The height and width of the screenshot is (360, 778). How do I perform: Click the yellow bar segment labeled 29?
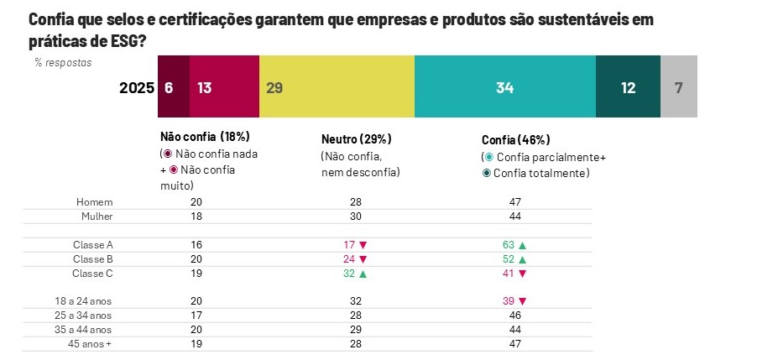click(337, 87)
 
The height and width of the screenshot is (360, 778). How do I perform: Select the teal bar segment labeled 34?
click(504, 87)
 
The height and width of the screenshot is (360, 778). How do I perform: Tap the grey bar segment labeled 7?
click(678, 87)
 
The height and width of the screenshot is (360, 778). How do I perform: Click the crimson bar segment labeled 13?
click(224, 87)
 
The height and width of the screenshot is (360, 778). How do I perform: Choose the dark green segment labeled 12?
click(628, 87)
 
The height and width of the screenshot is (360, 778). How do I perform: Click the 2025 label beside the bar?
click(136, 88)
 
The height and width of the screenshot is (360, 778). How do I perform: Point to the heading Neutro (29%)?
click(357, 139)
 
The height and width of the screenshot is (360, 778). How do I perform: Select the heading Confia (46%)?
click(515, 140)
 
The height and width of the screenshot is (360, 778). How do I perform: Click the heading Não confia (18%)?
click(205, 137)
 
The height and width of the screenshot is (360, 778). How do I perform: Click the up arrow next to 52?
click(522, 258)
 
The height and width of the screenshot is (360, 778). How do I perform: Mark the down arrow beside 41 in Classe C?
click(522, 273)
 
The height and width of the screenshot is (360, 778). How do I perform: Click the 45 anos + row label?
click(91, 343)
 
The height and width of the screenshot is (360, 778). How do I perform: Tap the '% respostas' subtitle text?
click(63, 62)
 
